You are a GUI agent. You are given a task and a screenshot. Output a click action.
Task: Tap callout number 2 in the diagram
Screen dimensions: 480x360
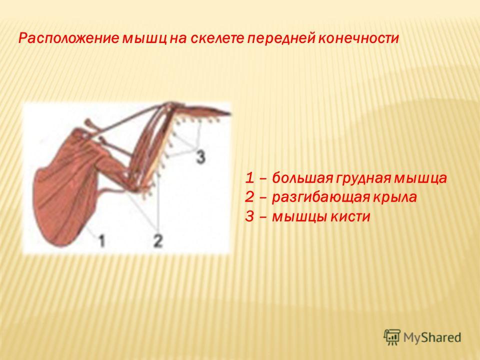(158, 240)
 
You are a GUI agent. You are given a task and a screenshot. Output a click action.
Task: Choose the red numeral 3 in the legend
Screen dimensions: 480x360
(250, 216)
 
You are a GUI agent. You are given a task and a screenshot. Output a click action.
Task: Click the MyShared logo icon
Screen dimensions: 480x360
(392, 337)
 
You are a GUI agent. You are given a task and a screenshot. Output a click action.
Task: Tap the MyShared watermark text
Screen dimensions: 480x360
(432, 337)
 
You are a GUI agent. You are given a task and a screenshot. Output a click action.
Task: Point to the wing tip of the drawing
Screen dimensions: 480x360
(230, 114)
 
